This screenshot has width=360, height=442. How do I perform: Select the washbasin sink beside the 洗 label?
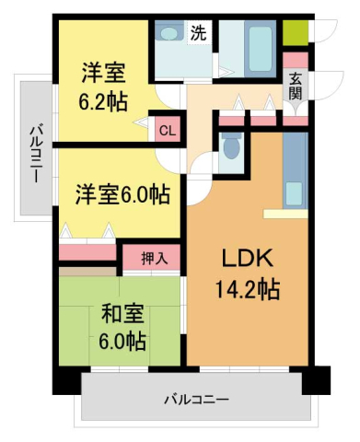coord(168,32)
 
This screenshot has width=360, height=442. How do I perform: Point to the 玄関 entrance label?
coord(296,86)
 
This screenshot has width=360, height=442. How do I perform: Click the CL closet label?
coord(167,130)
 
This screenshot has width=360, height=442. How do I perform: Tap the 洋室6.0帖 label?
coord(122,195)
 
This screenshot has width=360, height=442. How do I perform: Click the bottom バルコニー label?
coord(196,400)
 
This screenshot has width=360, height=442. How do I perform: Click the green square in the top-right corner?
coord(296,33)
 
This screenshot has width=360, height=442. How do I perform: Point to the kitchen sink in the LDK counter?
coord(294,192)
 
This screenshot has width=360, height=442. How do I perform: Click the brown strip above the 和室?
coord(87,272)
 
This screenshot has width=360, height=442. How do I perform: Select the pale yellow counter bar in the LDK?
coord(285,214)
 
